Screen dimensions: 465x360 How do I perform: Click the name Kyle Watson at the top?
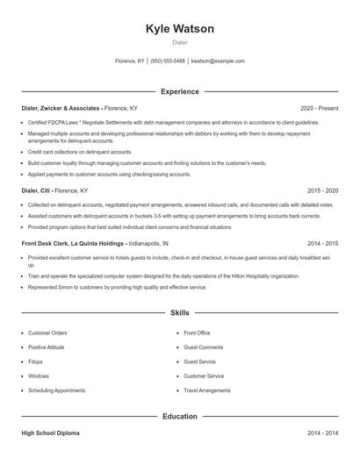(x=179, y=29)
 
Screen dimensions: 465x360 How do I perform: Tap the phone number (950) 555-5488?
(x=167, y=61)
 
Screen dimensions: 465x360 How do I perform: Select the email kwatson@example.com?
(x=218, y=61)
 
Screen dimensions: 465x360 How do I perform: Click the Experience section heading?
(x=179, y=91)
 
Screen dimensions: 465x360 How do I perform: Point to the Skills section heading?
(x=179, y=312)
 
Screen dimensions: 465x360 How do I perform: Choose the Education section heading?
(x=179, y=417)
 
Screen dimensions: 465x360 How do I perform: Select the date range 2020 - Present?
(x=319, y=108)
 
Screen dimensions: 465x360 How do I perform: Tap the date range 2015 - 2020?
(x=322, y=190)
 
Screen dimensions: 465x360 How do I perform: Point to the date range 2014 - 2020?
(x=322, y=243)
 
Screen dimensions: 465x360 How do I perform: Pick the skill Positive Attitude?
(x=49, y=347)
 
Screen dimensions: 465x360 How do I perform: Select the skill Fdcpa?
(x=35, y=361)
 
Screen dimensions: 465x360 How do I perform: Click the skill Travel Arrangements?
(x=207, y=390)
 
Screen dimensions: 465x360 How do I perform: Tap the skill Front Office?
(x=197, y=333)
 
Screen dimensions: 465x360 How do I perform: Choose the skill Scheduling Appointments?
(x=57, y=390)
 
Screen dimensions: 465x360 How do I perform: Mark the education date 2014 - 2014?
(x=322, y=433)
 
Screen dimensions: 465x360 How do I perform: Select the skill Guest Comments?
(x=203, y=347)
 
